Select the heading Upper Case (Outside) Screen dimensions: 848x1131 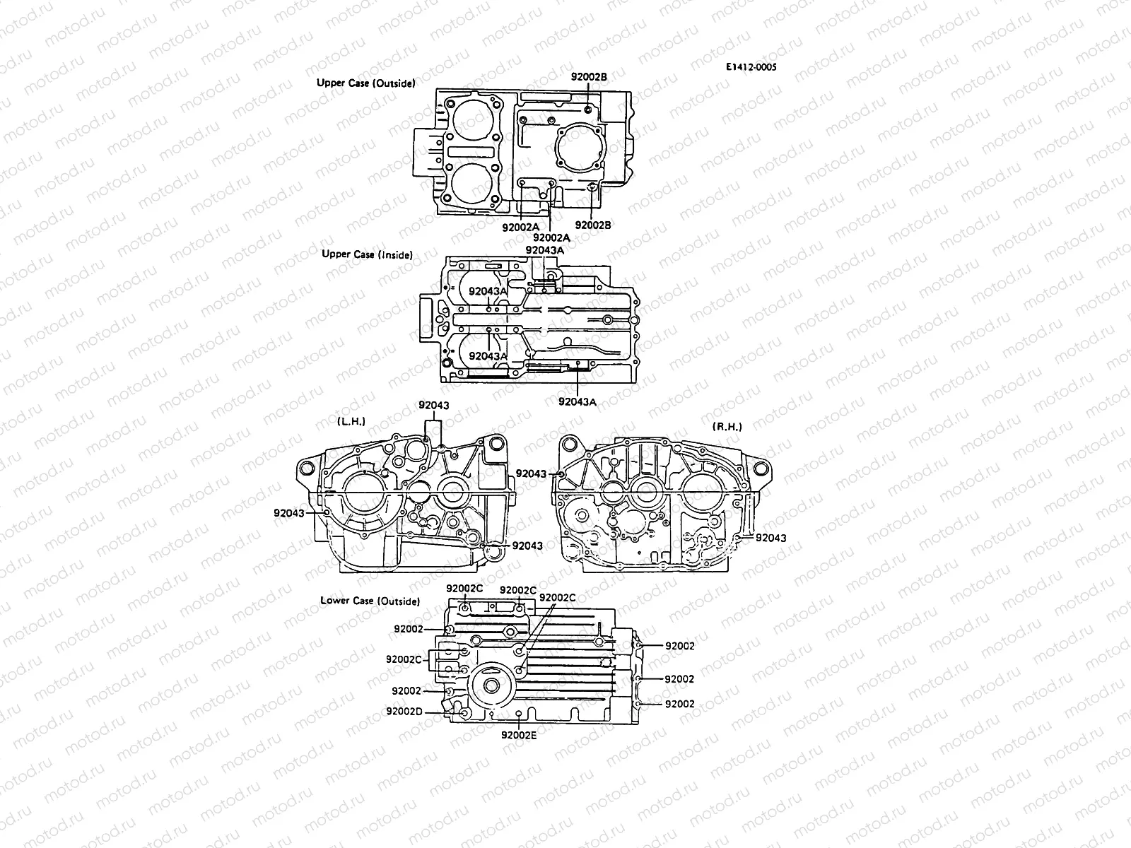coord(365,83)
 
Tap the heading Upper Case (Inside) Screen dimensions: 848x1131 coord(367,254)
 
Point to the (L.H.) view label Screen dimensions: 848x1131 coord(351,421)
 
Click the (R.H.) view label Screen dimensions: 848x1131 coord(727,427)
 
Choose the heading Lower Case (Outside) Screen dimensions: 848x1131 coord(370,601)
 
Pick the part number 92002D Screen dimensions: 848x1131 coord(404,711)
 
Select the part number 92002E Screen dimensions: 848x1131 coord(519,735)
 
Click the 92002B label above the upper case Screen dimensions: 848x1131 coord(589,76)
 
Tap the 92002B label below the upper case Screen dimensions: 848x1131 coord(593,225)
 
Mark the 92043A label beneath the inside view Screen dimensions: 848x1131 coord(577,401)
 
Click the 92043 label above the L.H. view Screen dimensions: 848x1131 coord(433,406)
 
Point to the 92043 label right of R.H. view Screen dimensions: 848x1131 coord(770,538)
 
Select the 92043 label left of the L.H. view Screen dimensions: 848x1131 coord(288,513)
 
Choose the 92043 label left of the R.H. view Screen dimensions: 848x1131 coord(531,473)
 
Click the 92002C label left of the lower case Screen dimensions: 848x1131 coord(403,659)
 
